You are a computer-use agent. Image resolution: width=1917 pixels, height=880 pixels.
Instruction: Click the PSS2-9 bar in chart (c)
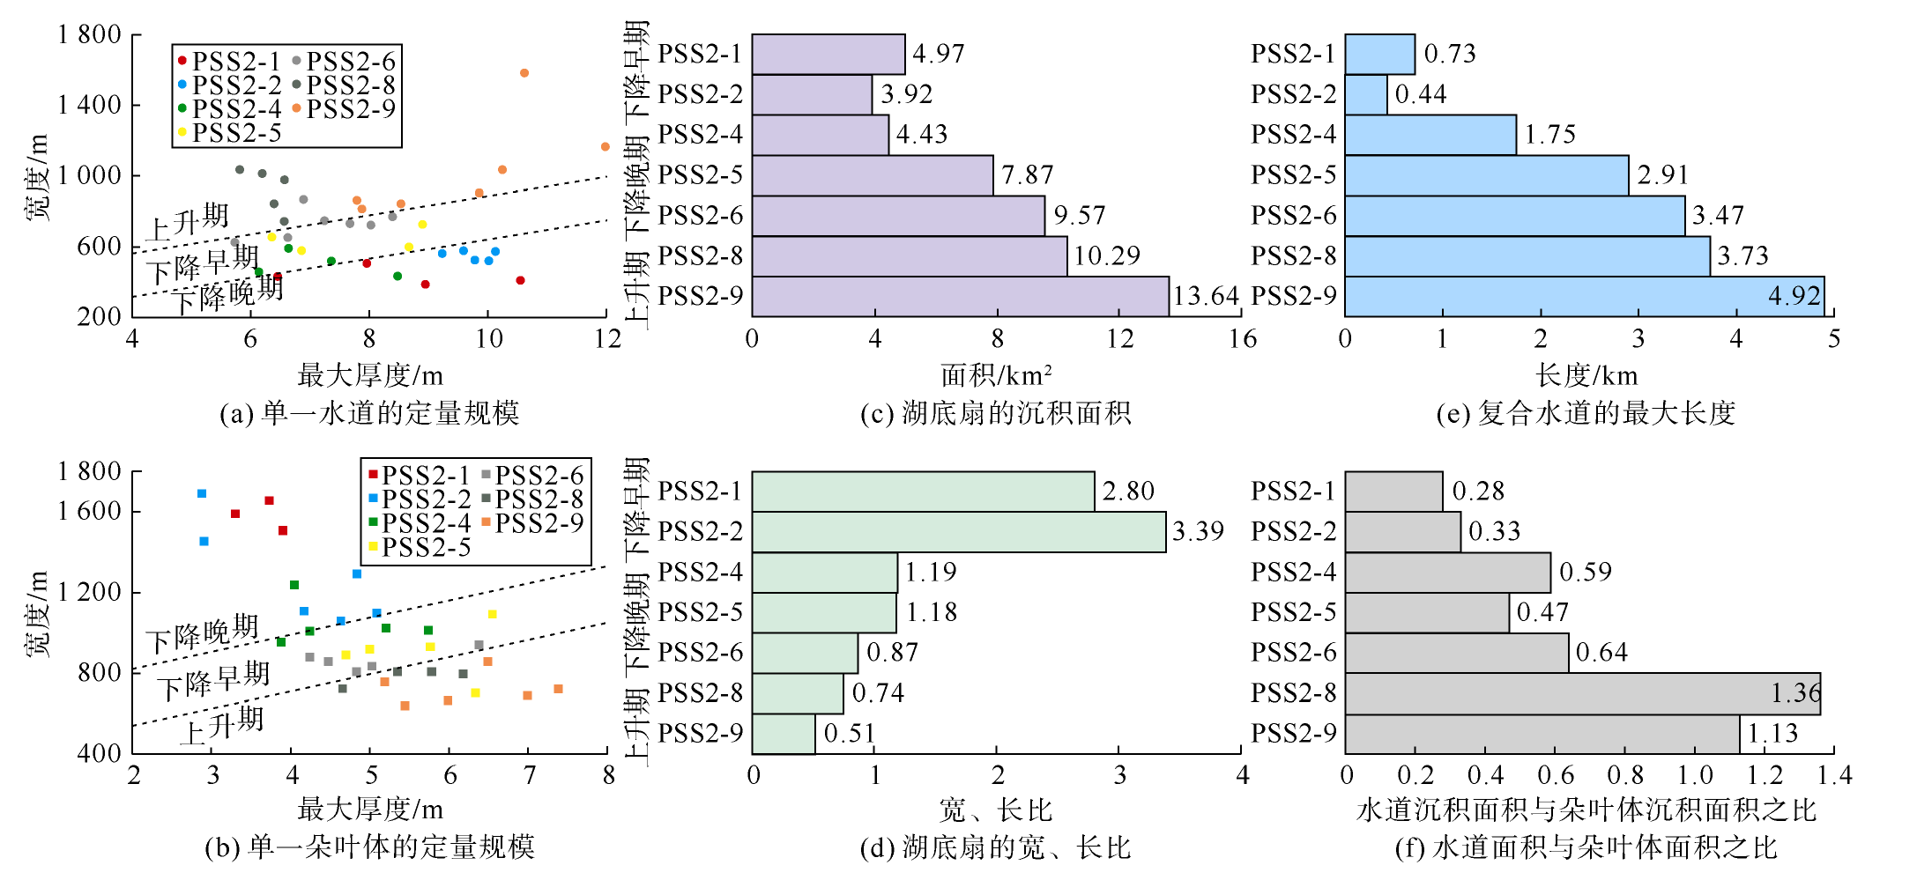click(960, 296)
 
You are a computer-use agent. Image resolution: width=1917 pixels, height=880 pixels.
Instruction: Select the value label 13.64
click(1206, 296)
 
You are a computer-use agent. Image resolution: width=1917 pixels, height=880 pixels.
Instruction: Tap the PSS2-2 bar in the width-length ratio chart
click(958, 532)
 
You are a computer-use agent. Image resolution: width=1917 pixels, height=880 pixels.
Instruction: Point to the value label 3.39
click(1198, 532)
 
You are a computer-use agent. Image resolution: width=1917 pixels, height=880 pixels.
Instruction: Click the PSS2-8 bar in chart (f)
click(1582, 694)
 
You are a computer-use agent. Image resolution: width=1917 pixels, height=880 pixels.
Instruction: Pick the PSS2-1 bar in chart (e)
click(1379, 55)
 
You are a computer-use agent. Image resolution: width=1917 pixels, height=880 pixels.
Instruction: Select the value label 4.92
click(1794, 296)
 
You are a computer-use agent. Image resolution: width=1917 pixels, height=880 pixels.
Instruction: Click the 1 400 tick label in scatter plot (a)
click(89, 105)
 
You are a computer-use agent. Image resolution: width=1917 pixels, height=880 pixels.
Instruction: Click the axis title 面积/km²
click(996, 376)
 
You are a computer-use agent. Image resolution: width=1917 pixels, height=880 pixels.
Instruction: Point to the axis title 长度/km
click(1586, 376)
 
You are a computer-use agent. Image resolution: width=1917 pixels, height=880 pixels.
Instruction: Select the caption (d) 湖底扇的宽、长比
click(995, 848)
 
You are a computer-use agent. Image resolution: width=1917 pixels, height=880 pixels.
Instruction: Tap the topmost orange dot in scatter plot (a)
click(524, 73)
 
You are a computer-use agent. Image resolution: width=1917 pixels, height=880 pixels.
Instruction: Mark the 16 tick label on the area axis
click(1243, 339)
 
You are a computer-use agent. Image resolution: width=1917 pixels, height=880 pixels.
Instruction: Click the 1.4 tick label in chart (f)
click(1834, 776)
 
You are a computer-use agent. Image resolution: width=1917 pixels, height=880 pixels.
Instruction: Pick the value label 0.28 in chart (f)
click(1478, 492)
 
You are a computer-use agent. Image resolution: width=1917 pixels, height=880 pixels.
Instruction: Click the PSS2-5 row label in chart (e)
click(1293, 175)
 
